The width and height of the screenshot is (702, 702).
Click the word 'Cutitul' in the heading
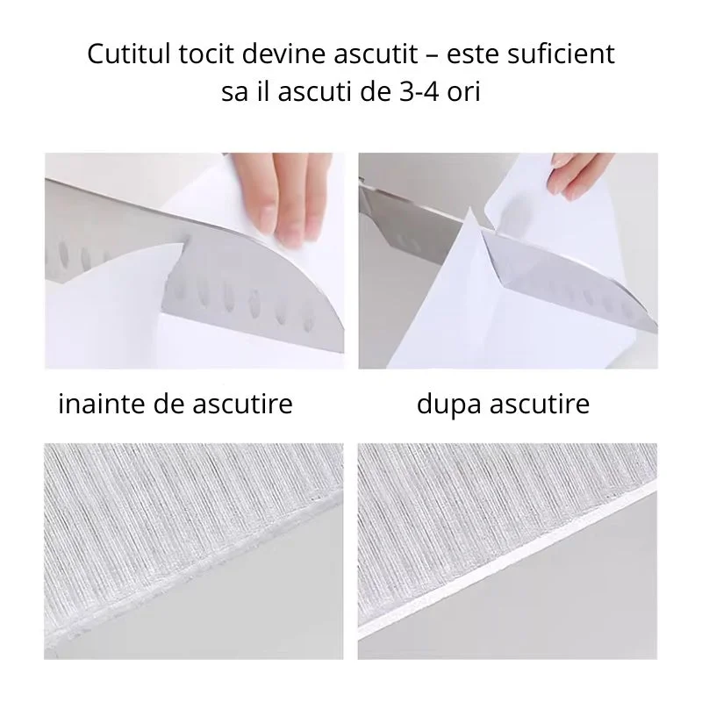[125, 54]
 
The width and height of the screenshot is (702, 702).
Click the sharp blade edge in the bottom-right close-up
[509, 550]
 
